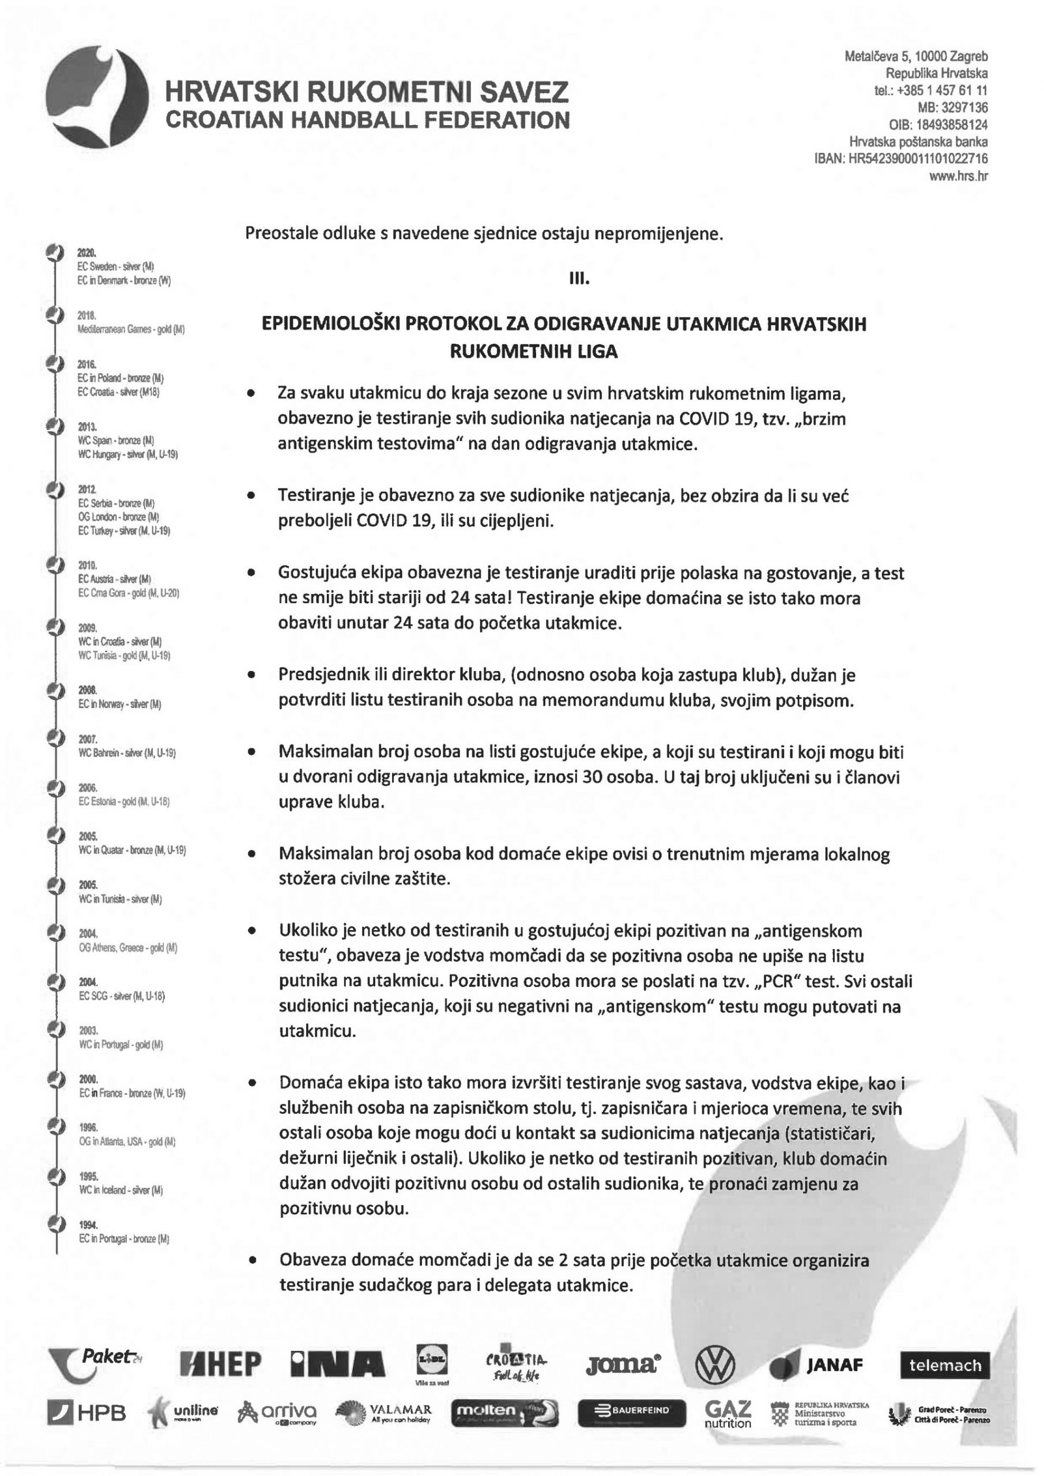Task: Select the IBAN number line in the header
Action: tap(901, 159)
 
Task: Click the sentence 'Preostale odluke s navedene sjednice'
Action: tap(484, 234)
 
